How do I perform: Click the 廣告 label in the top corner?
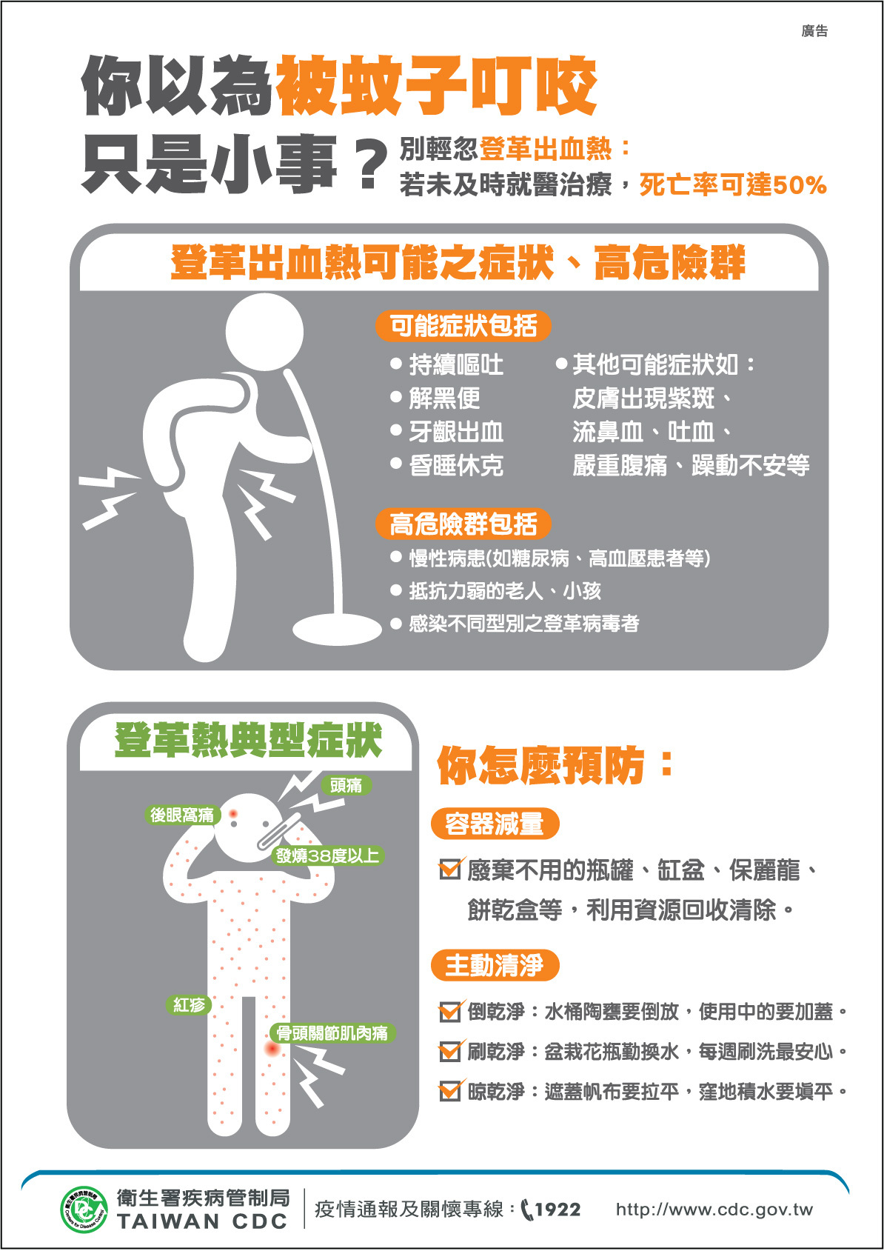point(814,31)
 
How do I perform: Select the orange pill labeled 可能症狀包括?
point(463,326)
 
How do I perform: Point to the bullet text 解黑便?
point(444,398)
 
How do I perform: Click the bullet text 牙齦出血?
point(456,432)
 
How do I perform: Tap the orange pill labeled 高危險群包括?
point(463,524)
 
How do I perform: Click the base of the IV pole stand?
point(337,628)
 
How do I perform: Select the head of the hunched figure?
point(264,332)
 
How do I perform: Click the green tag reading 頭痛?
point(346,785)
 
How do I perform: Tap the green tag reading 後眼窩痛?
point(182,815)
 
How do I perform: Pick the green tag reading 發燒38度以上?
point(327,855)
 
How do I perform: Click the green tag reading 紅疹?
point(190,1004)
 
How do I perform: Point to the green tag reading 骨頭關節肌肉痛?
point(332,1033)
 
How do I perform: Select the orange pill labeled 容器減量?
point(495,823)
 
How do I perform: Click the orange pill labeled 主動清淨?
point(495,965)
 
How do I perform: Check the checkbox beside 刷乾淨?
point(450,1052)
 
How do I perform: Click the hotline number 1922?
point(557,1210)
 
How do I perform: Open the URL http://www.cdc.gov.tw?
point(714,1210)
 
